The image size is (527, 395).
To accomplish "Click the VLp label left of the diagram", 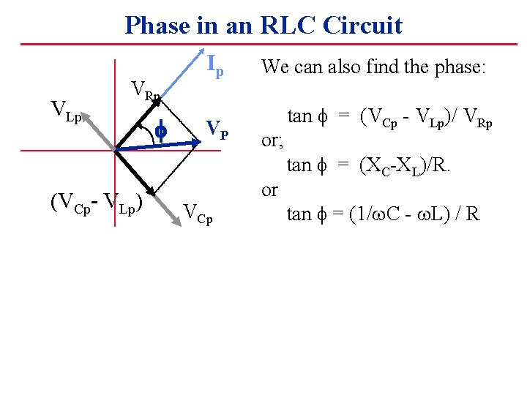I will (x=65, y=110).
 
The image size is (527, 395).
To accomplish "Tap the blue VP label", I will (x=217, y=129).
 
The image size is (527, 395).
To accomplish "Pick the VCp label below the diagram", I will (x=198, y=214).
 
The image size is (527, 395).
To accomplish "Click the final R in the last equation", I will (x=473, y=214).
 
